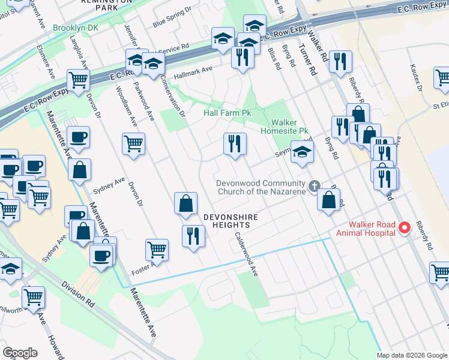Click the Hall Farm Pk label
[x=228, y=113]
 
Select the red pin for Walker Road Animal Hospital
[x=404, y=228]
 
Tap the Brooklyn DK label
[x=74, y=28]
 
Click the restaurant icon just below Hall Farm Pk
[x=235, y=144]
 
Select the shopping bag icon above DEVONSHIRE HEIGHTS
[x=186, y=204]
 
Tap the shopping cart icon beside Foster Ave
[x=157, y=249]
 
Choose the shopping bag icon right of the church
[x=328, y=200]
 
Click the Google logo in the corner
[x=20, y=353]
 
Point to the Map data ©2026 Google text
[x=412, y=355]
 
